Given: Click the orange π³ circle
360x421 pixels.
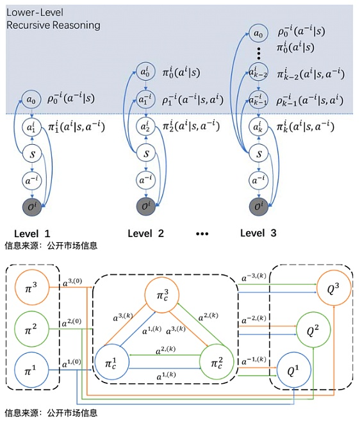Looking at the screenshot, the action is tap(31, 287).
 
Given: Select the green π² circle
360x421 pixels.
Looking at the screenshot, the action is tap(31, 329).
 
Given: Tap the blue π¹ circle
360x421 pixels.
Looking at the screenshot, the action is tap(31, 370).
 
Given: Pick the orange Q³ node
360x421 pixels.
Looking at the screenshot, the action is tap(334, 289).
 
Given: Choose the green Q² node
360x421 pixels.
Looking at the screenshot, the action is tap(313, 330).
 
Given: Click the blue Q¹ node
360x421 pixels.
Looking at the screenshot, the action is tap(293, 370).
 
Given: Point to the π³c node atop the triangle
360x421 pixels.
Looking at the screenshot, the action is tap(162, 295).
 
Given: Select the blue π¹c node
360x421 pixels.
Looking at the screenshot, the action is tap(112, 362).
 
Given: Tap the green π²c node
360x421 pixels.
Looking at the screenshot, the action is tap(217, 362).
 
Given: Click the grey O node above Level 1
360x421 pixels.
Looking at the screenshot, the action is tap(32, 206).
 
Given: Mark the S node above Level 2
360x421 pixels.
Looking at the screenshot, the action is tap(146, 154).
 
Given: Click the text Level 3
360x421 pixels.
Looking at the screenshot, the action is tap(258, 233).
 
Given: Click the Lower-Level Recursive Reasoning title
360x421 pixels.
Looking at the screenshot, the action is tap(53, 19).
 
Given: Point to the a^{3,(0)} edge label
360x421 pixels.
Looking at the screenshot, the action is tap(72, 282).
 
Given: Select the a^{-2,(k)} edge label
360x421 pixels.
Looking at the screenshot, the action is tap(254, 319).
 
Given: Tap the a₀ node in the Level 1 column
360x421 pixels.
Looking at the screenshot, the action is tap(31, 99).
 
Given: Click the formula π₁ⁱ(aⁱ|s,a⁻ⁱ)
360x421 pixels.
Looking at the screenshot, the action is tap(76, 126).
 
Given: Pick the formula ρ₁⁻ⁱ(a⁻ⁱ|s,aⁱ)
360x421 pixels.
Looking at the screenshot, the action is tap(192, 100).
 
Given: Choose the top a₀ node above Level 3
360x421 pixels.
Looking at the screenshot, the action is tap(258, 33).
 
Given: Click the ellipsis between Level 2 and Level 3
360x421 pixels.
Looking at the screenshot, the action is tap(202, 234).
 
